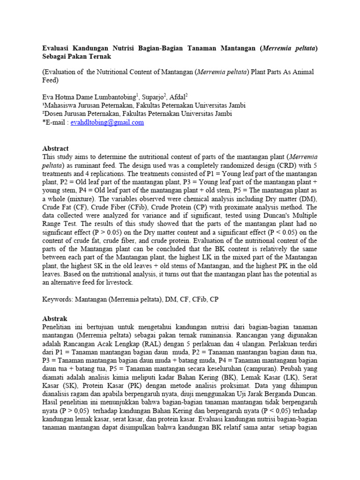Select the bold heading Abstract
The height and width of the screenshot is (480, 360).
[55, 148]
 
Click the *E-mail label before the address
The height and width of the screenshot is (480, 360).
[55, 122]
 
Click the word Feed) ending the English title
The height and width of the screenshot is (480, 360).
[52, 80]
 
